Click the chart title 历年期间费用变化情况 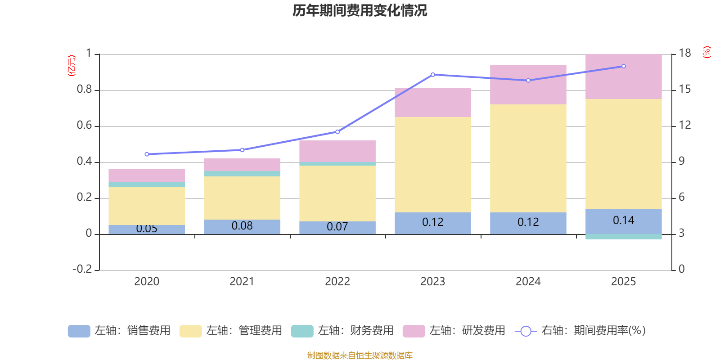(360, 11)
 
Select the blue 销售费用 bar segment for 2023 (432, 223)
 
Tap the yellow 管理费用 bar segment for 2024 (528, 158)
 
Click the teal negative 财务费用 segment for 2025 (623, 237)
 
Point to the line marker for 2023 (433, 75)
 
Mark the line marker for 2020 (147, 154)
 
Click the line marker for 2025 (624, 66)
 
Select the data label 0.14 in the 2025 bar (623, 220)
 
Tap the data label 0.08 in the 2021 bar (242, 226)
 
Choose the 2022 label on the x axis (337, 282)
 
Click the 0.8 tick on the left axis (84, 90)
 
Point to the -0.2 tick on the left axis (82, 269)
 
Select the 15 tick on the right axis (684, 90)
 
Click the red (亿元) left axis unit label (71, 66)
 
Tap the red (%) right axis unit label (706, 52)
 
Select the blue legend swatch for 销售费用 (79, 331)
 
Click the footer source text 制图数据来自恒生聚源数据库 (360, 355)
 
